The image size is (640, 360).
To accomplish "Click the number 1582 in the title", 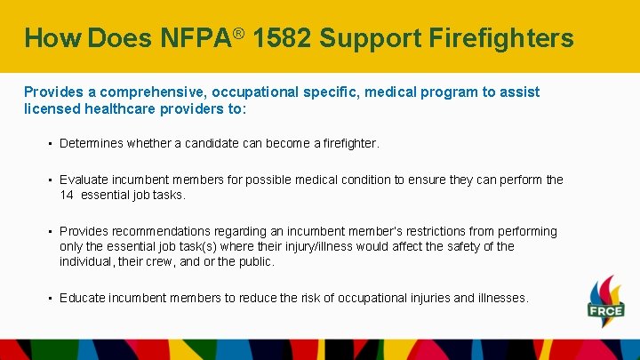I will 283,38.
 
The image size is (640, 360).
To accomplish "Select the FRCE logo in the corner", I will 605,302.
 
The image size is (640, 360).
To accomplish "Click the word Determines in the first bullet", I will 92,143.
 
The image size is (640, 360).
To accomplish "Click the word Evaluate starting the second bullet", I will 84,180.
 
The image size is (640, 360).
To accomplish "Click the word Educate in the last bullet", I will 83,298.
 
